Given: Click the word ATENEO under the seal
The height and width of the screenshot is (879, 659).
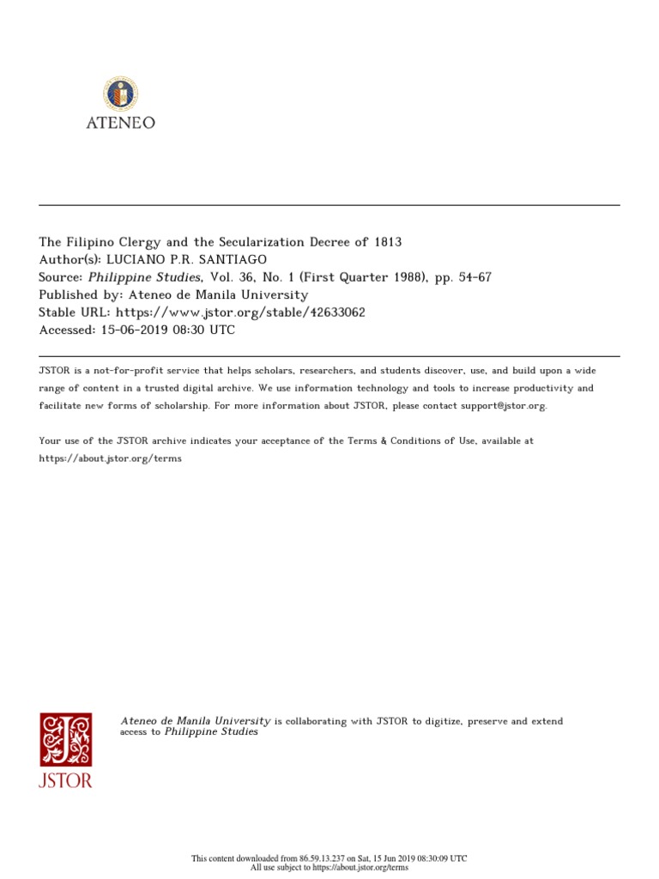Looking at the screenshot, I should [x=120, y=123].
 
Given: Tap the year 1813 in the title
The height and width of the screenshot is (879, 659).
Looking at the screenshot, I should [x=387, y=243].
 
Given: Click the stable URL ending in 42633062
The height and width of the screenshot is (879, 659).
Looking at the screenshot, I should [x=240, y=312].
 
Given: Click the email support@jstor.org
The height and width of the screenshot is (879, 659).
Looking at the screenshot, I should [x=503, y=405].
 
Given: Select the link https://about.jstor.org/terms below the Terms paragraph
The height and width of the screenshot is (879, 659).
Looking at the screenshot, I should [x=111, y=458].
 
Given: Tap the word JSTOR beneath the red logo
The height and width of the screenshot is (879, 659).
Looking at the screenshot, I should [x=66, y=780].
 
